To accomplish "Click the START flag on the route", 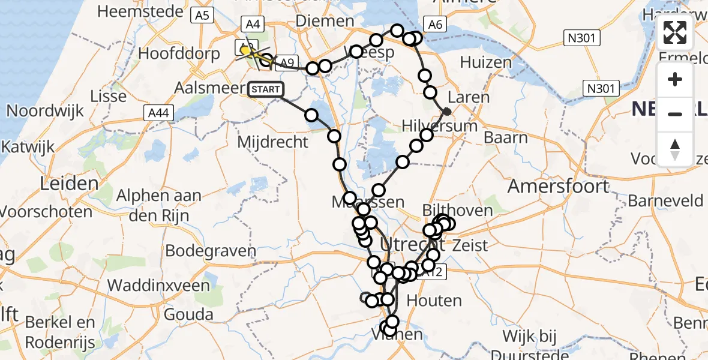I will pyautogui.click(x=264, y=90).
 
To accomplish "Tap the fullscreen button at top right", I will pyautogui.click(x=675, y=33).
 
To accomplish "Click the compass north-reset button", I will pyautogui.click(x=675, y=149).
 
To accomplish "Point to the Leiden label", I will pyautogui.click(x=69, y=184).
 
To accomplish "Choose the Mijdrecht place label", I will pyautogui.click(x=272, y=142).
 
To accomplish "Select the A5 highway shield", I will pyautogui.click(x=202, y=16).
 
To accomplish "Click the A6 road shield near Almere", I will pyautogui.click(x=435, y=25).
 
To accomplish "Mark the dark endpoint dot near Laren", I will pyautogui.click(x=447, y=111).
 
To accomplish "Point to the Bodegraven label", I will pyautogui.click(x=202, y=250).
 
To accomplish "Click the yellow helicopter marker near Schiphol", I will pyautogui.click(x=247, y=52).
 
